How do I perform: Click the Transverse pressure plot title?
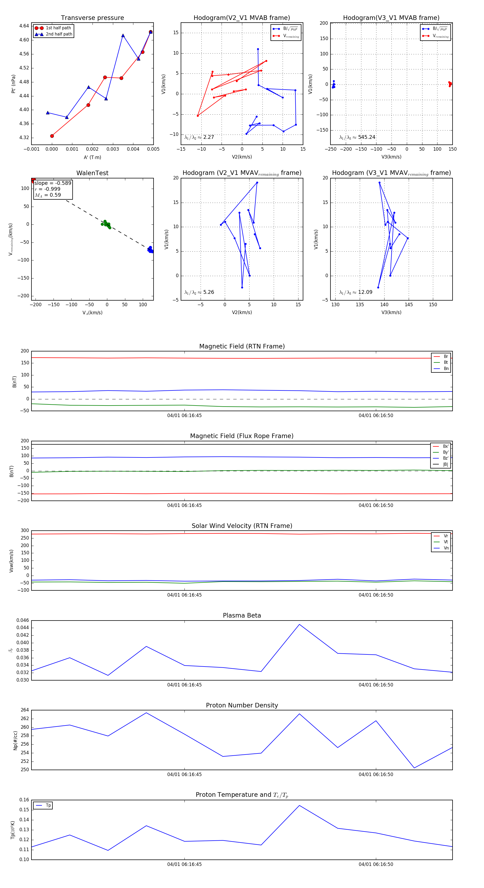point(92,18)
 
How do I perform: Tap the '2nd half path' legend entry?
point(59,34)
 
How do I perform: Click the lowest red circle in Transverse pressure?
point(52,136)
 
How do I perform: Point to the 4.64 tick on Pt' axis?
point(24,26)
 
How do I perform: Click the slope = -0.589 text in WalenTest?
point(53,183)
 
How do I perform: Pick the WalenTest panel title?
point(92,173)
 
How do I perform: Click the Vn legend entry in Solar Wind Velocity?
point(446,548)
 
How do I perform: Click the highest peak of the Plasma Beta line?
point(299,624)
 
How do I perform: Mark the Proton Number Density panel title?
point(242,705)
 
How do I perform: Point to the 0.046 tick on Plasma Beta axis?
point(23,621)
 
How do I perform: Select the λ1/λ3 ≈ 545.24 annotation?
point(357,137)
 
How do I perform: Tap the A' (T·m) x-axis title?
point(92,157)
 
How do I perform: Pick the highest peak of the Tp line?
point(299,806)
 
